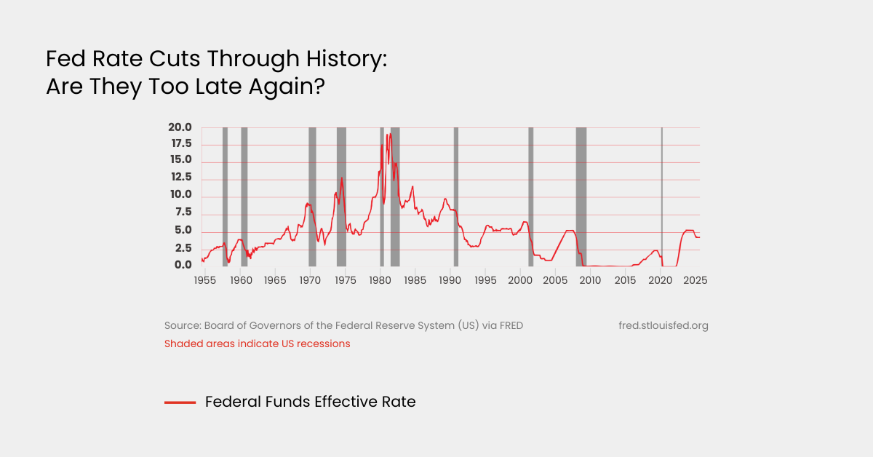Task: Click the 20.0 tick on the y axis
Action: click(180, 127)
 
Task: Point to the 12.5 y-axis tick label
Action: click(180, 178)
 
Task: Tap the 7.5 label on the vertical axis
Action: click(183, 212)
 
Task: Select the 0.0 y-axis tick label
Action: click(183, 266)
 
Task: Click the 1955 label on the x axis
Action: click(204, 280)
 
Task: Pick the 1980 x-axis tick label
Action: click(380, 280)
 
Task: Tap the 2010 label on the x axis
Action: click(590, 280)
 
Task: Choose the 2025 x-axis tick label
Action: click(695, 280)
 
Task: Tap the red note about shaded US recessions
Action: click(257, 343)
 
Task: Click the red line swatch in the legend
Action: click(180, 402)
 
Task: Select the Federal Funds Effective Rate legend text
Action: click(310, 402)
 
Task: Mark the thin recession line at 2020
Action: click(662, 196)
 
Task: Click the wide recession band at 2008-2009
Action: click(581, 196)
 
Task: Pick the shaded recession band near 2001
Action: click(530, 196)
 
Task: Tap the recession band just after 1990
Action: click(456, 196)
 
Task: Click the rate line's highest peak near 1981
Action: click(390, 134)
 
